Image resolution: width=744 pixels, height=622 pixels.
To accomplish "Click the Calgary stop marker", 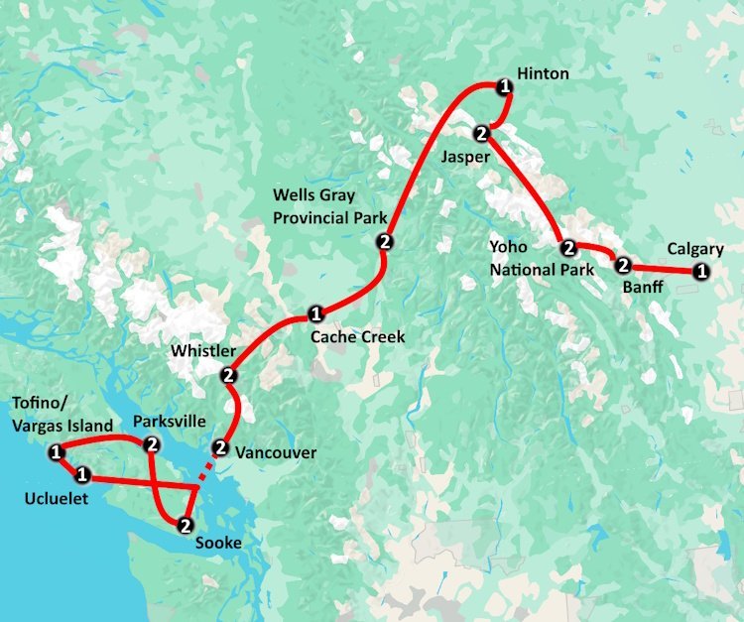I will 701,271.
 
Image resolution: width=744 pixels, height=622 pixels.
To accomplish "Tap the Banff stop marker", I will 623,265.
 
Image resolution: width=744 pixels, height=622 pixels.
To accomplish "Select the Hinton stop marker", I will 505,87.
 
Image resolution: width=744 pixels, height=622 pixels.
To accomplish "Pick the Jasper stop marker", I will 481,132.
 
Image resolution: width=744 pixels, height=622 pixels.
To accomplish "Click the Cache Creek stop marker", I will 315,314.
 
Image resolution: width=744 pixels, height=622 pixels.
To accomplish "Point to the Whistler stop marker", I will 228,374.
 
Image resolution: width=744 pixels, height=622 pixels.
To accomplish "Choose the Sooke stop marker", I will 185,524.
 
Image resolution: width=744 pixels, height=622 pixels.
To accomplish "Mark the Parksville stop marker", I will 152,443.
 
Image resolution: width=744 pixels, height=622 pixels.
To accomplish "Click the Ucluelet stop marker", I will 83,474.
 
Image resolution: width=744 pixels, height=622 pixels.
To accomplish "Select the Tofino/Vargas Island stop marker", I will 56,452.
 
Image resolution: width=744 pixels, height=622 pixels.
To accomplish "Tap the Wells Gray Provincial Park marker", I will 384,242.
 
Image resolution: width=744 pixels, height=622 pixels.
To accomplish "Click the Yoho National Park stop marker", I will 568,248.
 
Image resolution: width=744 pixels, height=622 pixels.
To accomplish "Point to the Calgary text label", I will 695,249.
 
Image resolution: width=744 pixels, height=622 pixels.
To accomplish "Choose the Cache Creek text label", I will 358,337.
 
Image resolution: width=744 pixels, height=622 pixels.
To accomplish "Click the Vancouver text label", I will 276,453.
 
